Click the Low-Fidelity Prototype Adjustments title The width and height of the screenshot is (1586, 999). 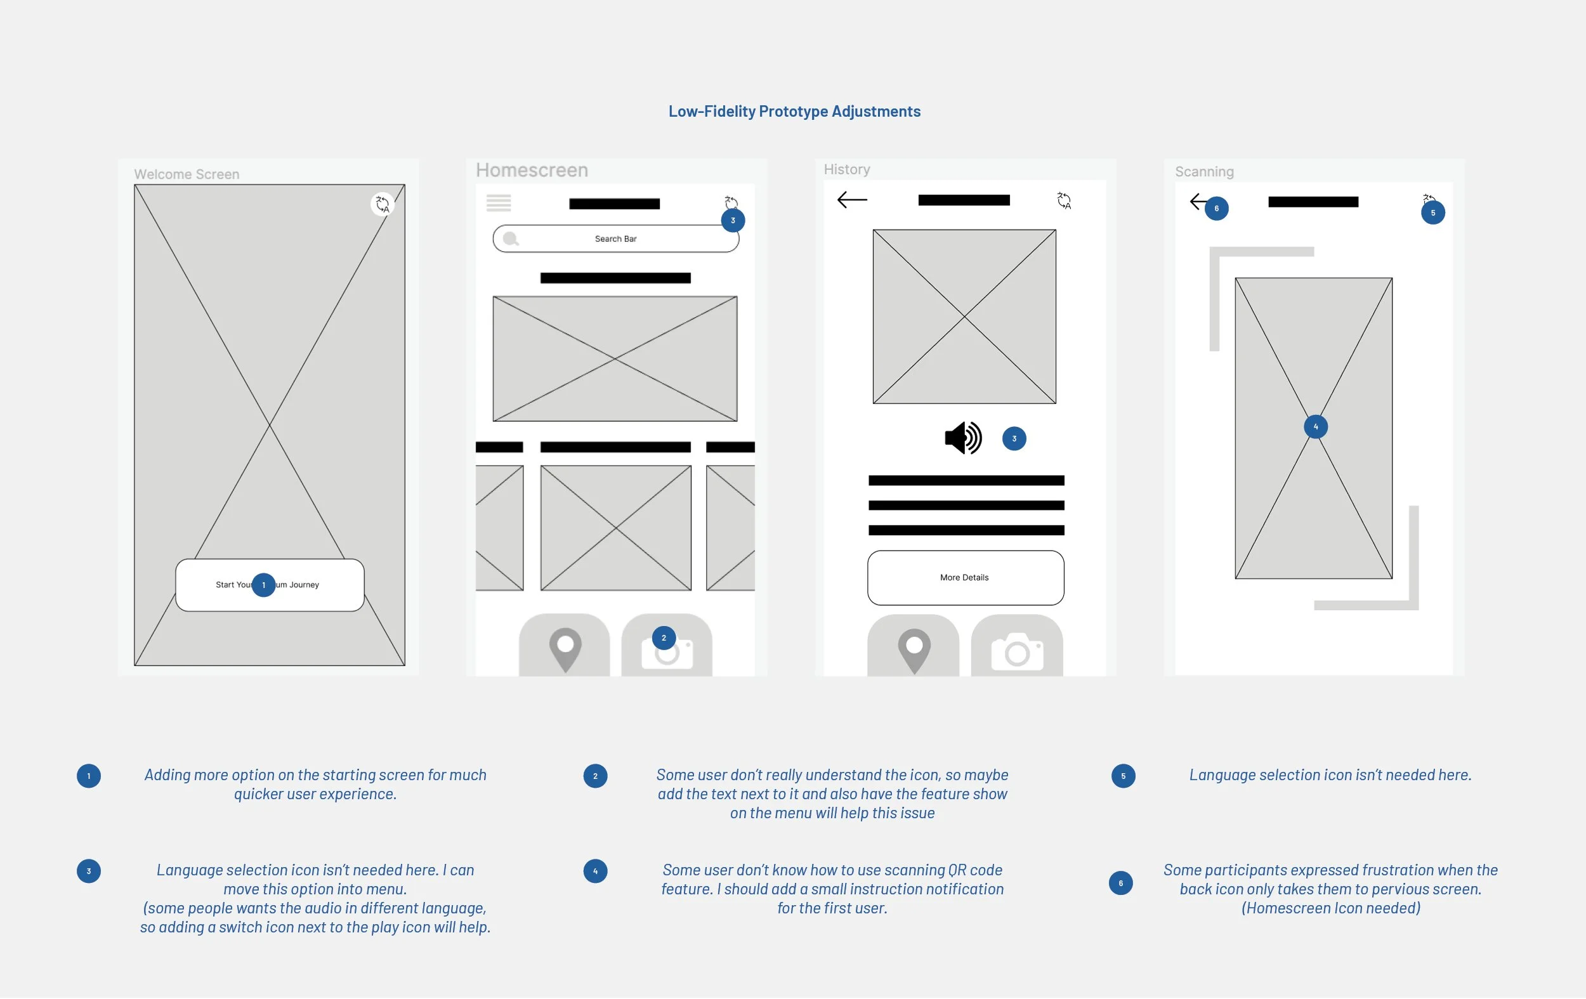(x=794, y=111)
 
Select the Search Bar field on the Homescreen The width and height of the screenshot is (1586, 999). (x=615, y=239)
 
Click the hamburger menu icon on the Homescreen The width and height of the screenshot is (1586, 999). (x=499, y=203)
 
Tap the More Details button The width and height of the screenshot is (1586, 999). (x=965, y=578)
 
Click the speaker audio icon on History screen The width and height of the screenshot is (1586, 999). (x=963, y=438)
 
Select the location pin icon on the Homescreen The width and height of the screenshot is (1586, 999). (x=565, y=650)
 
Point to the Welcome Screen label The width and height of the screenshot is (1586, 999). (x=187, y=174)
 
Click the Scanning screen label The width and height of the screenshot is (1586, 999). (x=1204, y=172)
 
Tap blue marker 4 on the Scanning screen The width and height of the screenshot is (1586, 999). (x=1315, y=427)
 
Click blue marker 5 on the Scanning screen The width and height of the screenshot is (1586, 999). (x=1432, y=212)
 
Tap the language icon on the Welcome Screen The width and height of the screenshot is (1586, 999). (x=382, y=204)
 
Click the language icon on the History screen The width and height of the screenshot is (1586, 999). (x=1064, y=200)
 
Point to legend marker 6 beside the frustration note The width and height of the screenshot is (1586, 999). (x=1120, y=883)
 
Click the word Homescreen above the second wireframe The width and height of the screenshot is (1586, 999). (x=532, y=171)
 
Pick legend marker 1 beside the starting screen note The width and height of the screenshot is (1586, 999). (x=89, y=776)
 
